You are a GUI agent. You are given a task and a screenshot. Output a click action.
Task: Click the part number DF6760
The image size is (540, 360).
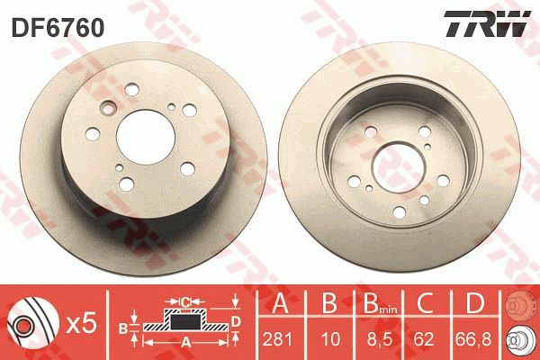point(58,28)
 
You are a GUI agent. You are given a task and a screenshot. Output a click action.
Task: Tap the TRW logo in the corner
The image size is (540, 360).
point(487,23)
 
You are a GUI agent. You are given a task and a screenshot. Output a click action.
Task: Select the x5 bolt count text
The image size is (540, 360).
point(81,324)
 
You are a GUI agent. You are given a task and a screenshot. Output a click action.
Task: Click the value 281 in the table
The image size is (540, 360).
point(277,339)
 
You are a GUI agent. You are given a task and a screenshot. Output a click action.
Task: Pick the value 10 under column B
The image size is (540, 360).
point(330,339)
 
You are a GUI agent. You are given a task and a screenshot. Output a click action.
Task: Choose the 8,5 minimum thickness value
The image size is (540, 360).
point(380,339)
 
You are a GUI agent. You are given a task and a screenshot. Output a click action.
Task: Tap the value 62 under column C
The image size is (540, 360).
point(424,339)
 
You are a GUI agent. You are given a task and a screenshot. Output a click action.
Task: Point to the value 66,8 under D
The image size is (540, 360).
point(473,339)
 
